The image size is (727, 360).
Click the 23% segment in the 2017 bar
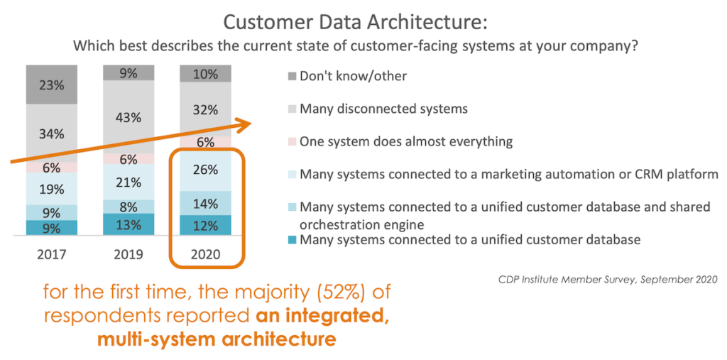(52, 84)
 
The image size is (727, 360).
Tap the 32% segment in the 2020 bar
(205, 109)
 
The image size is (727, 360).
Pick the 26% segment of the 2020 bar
(205, 170)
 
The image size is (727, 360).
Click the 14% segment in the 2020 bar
(205, 203)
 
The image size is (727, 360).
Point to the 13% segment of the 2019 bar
(129, 224)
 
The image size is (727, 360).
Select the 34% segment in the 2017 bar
(52, 133)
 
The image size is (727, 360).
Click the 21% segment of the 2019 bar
(129, 182)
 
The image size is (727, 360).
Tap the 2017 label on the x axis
(52, 254)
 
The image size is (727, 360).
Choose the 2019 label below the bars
(129, 254)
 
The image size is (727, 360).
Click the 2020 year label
(205, 254)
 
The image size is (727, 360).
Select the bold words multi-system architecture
(217, 339)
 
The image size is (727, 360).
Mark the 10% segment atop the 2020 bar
(205, 74)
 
